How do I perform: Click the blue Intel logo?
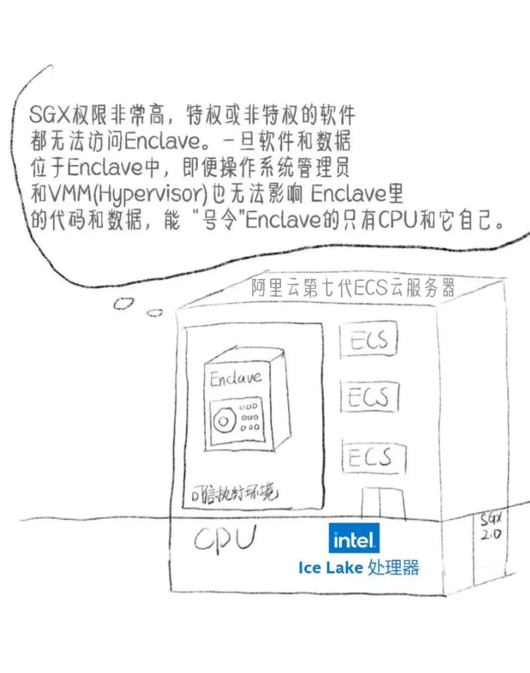353,539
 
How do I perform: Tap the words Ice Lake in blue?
330,568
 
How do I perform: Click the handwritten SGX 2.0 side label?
490,526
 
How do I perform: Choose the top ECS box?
369,340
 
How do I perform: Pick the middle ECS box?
369,397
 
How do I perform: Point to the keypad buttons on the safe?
249,417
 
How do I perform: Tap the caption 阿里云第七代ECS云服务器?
353,288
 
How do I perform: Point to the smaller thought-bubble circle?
155,312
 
